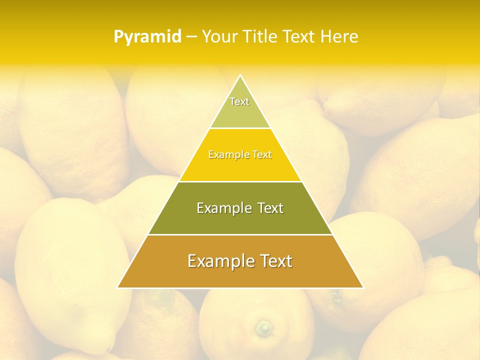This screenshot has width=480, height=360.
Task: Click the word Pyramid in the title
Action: tap(147, 37)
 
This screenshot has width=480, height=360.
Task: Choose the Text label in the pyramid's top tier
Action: tap(239, 101)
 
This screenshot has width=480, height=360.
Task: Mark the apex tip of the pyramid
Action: tap(240, 76)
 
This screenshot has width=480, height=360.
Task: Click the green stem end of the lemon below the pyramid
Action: tap(264, 328)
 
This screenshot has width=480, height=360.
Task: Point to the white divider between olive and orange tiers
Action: tap(240, 234)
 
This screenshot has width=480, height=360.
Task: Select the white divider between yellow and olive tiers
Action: tap(240, 181)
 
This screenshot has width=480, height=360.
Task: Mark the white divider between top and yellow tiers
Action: tap(240, 128)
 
